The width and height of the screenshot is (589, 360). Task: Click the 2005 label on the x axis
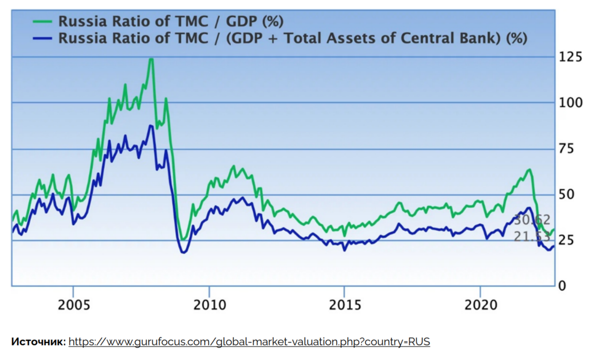(73, 305)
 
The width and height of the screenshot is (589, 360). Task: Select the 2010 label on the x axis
(209, 305)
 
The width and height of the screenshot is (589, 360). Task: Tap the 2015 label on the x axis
(344, 305)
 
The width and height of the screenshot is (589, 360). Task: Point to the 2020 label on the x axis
(480, 305)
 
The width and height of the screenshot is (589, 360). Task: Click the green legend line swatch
(42, 22)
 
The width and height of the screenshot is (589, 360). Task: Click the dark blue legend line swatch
(42, 38)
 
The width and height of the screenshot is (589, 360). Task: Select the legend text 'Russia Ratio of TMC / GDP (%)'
(171, 22)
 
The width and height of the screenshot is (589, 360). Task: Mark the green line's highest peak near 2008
(151, 59)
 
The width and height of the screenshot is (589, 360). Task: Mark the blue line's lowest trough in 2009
(184, 253)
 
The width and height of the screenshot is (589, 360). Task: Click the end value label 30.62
(532, 220)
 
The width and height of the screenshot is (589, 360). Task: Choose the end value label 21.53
(532, 237)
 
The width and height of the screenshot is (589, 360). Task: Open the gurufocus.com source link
(249, 342)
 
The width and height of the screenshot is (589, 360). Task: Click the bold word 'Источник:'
(38, 342)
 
